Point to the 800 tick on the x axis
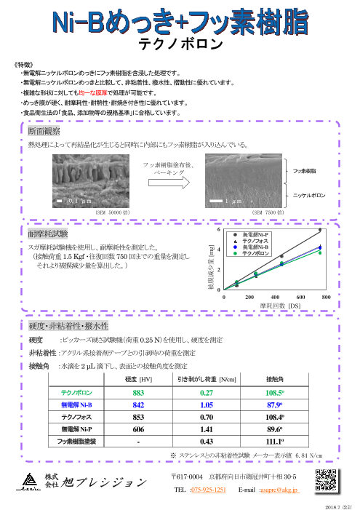point(326,298)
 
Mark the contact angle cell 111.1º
point(275,441)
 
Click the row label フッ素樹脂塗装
point(76,441)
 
